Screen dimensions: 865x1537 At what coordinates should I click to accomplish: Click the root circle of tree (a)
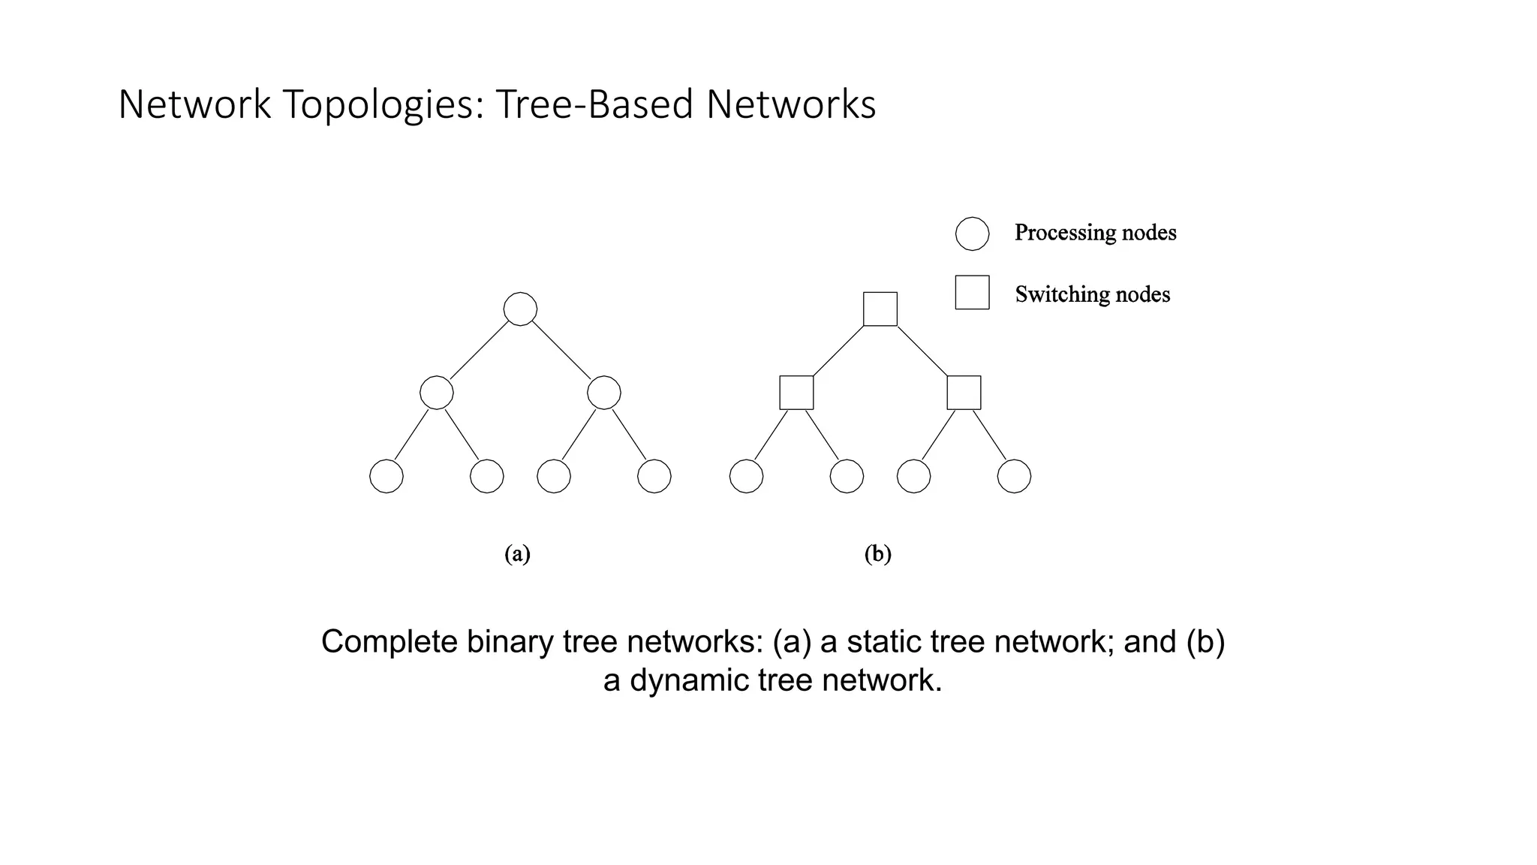[x=520, y=309]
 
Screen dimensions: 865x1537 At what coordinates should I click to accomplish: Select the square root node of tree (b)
[x=880, y=309]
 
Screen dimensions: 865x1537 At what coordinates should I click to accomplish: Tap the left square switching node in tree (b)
[x=796, y=393]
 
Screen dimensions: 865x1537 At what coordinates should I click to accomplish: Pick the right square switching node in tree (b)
[x=964, y=393]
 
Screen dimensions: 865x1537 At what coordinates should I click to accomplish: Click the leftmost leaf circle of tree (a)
[x=387, y=476]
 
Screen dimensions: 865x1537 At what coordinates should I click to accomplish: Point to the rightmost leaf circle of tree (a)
[x=654, y=476]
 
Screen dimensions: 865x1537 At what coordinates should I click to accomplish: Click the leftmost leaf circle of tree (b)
[x=746, y=476]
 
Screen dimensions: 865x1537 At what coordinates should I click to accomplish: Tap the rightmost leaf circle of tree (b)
[x=1014, y=476]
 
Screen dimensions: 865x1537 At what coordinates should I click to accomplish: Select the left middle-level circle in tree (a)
[x=437, y=393]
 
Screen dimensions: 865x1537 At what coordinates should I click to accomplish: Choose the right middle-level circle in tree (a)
[x=604, y=393]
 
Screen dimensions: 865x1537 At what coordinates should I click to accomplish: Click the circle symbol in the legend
[x=972, y=234]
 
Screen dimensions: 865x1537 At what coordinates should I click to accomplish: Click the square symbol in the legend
[x=972, y=292]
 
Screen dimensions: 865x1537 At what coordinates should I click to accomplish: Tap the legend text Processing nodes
[x=1095, y=233]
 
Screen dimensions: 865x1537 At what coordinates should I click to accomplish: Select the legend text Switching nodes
[x=1092, y=294]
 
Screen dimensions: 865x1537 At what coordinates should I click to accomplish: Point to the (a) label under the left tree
[x=517, y=554]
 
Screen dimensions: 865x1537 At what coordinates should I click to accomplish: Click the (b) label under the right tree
[x=877, y=554]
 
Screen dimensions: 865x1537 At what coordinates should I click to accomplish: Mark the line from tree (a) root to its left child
[x=479, y=351]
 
